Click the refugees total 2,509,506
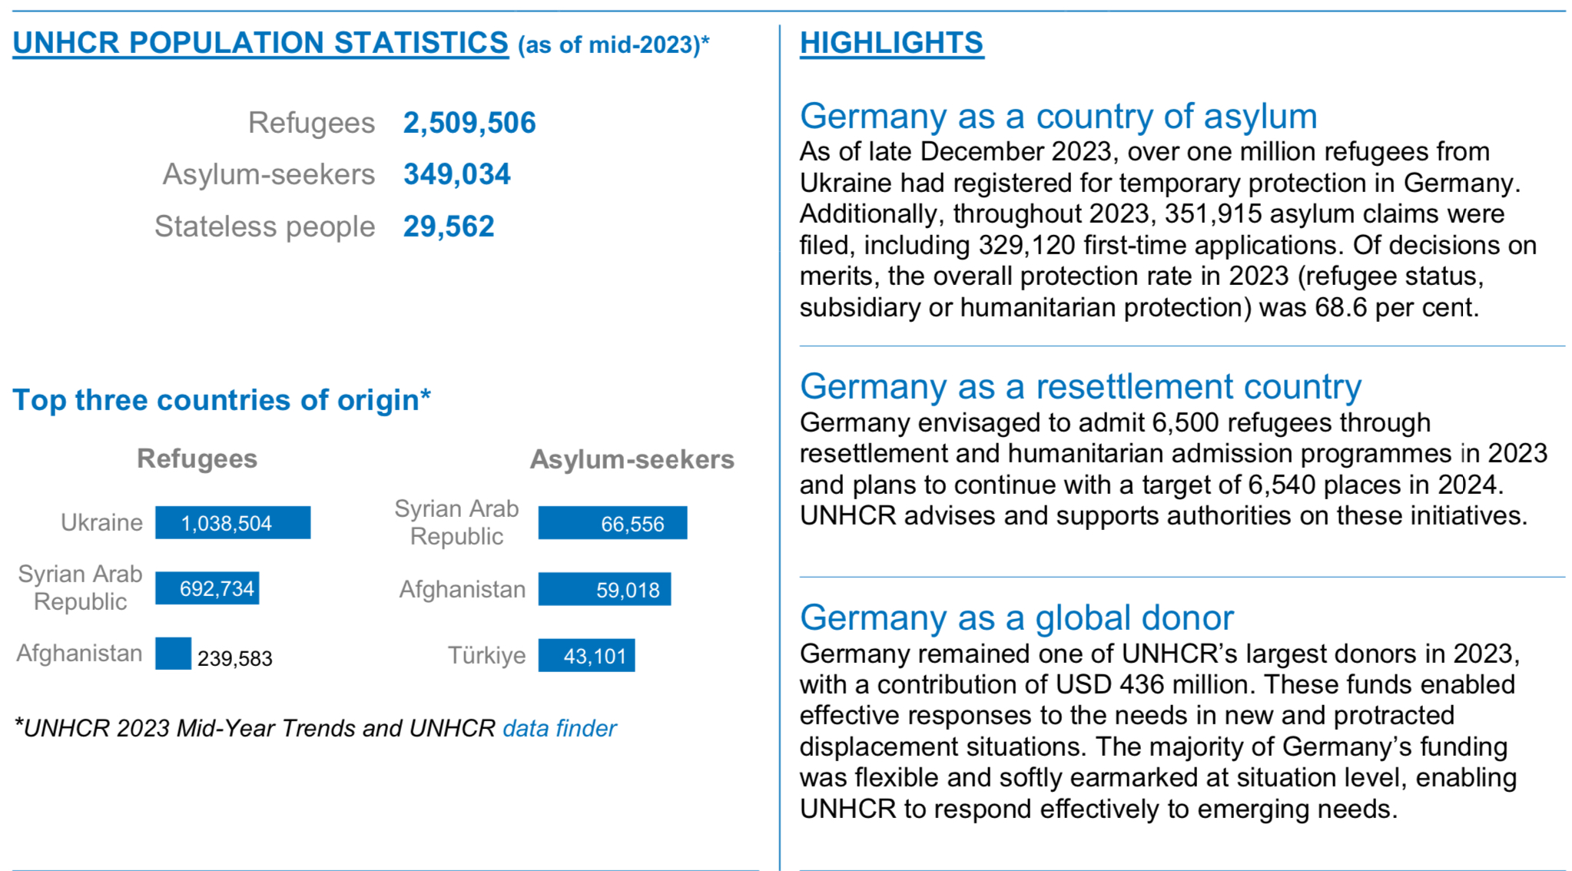pos(469,123)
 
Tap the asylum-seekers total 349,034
pos(457,174)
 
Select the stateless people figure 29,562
pos(449,227)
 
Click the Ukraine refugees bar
pos(233,523)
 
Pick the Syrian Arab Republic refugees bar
pos(207,589)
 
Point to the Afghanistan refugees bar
pos(173,654)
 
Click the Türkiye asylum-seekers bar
pos(586,656)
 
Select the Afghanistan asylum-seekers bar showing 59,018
pos(604,589)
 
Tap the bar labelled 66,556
pos(612,523)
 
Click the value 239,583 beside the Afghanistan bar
pos(235,659)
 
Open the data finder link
pos(559,728)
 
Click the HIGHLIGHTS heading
pos(891,43)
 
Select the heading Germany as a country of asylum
pos(1058,117)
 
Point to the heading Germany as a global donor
pos(1016,618)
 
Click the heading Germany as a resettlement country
pos(1080,386)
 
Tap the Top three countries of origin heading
pos(221,400)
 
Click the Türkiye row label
pos(487,656)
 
